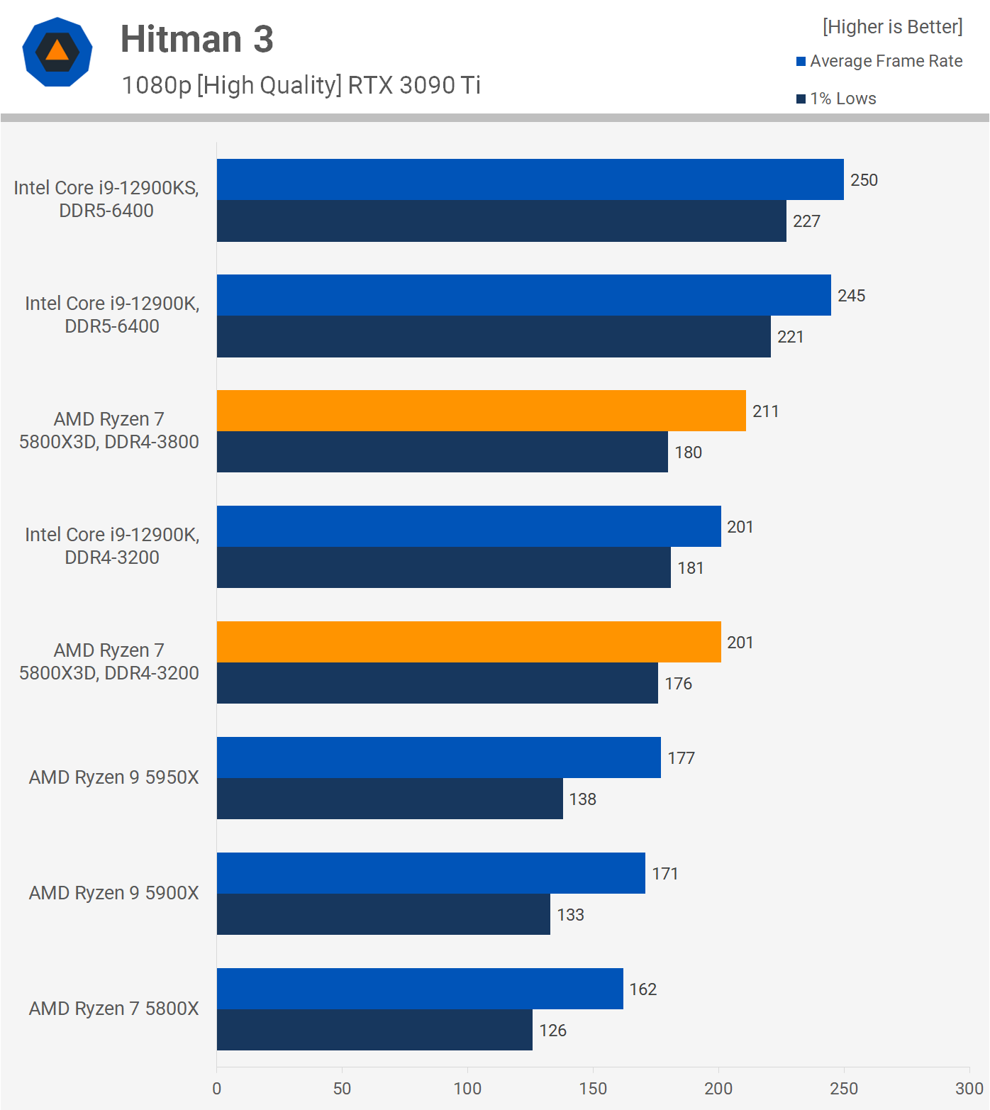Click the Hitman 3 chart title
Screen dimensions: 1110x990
[x=196, y=39]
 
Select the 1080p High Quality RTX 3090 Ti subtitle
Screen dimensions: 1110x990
[x=301, y=85]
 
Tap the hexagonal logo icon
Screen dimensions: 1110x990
[x=57, y=52]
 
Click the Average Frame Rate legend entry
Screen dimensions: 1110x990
[x=886, y=61]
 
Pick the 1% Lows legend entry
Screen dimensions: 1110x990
[x=842, y=99]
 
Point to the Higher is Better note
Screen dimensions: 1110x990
[x=892, y=27]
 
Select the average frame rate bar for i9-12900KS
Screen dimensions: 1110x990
[x=530, y=179]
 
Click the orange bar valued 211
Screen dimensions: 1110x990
[x=481, y=411]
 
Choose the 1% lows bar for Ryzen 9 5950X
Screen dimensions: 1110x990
[x=389, y=799]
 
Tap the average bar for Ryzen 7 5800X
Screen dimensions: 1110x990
[x=420, y=989]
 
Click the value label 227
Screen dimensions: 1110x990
[x=806, y=221]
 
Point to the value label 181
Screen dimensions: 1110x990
[x=690, y=568]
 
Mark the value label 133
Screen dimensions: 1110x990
[x=570, y=915]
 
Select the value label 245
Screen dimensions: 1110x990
[x=851, y=296]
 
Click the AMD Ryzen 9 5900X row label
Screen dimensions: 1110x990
[x=113, y=893]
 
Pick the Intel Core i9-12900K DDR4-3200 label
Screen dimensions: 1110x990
[x=112, y=546]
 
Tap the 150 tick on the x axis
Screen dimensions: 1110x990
[x=593, y=1088]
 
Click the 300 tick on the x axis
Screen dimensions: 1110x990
[x=969, y=1088]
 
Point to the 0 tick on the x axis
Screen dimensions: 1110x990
[x=217, y=1088]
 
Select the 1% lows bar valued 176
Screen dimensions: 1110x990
[x=437, y=683]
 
